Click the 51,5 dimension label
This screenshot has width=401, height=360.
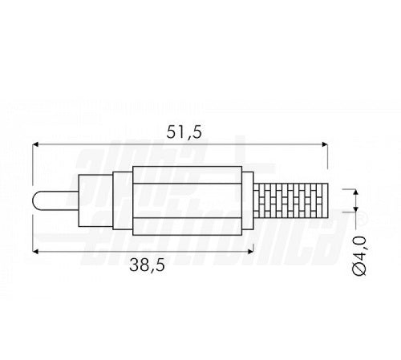[184, 132]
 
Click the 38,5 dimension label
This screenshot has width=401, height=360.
[147, 265]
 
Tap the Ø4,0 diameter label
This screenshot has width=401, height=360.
[358, 256]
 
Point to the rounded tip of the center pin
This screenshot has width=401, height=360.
[35, 200]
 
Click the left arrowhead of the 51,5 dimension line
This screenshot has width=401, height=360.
[35, 144]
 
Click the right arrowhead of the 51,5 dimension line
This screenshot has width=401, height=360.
[324, 144]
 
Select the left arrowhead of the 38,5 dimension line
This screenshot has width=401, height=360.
[35, 251]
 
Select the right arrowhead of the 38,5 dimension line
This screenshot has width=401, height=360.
[250, 251]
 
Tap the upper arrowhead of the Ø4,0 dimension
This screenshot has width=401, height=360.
[355, 192]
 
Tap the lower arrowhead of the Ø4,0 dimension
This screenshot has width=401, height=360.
[355, 208]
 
